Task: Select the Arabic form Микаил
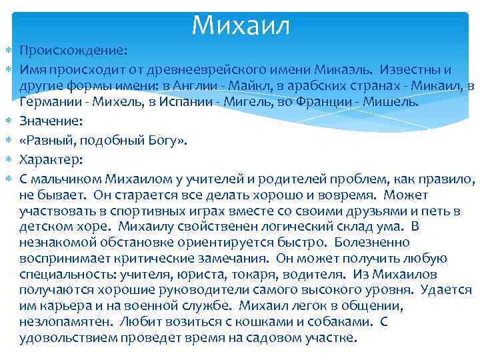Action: [x=437, y=86]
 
